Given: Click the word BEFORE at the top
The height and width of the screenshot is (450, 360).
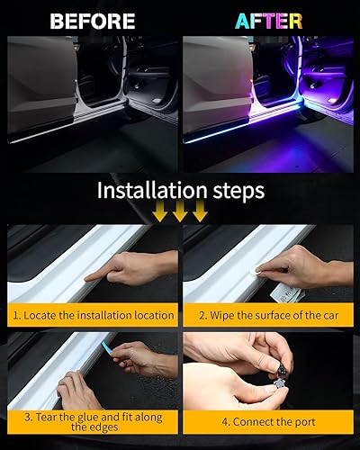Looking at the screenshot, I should (92, 21).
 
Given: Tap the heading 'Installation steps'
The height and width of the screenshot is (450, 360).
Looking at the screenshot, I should (180, 192).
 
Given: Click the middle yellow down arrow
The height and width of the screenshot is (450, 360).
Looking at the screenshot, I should (181, 212).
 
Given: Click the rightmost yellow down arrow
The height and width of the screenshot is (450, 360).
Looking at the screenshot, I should (199, 212).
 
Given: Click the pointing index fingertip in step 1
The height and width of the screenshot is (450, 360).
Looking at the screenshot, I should (84, 277).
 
